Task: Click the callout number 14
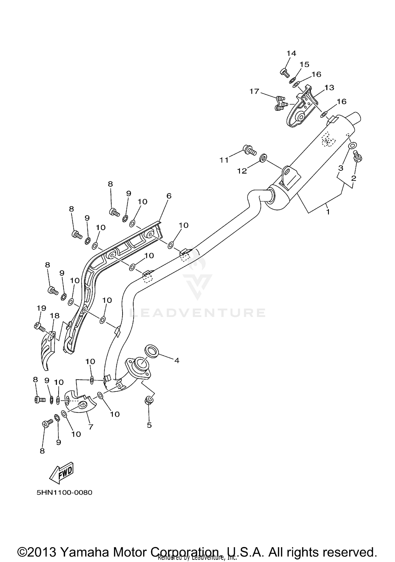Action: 291,53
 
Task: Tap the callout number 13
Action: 329,88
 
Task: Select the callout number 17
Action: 254,91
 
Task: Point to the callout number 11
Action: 224,160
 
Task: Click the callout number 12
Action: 242,171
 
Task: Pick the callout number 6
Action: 169,196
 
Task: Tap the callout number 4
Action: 177,360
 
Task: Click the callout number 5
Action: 149,425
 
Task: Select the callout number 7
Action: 91,427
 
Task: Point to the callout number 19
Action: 41,308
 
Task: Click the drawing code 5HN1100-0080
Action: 65,493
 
